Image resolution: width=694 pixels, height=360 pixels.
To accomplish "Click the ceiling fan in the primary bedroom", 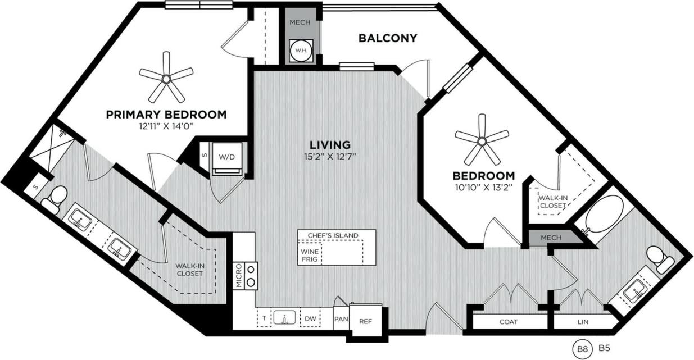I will pos(166,76).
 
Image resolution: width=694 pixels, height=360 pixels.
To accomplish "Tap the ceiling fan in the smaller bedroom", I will pos(482,139).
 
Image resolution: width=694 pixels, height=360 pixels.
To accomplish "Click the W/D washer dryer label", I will pos(226,157).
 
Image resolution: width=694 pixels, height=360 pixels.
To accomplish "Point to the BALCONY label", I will pos(388,38).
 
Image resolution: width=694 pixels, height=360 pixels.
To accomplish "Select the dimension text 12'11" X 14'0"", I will pos(166,126).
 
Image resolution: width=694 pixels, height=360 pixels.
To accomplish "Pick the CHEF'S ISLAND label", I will pos(333,235).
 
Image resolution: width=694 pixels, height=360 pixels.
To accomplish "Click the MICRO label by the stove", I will pos(238,276).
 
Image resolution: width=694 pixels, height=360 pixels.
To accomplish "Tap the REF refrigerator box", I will pos(365,322).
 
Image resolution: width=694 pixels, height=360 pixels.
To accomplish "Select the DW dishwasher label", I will pos(310,319).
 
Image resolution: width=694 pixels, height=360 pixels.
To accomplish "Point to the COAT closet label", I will pos(509,322).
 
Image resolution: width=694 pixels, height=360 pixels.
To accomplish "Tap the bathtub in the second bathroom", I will pos(602,217).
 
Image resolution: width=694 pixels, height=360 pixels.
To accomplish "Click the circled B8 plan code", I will pos(581,349).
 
